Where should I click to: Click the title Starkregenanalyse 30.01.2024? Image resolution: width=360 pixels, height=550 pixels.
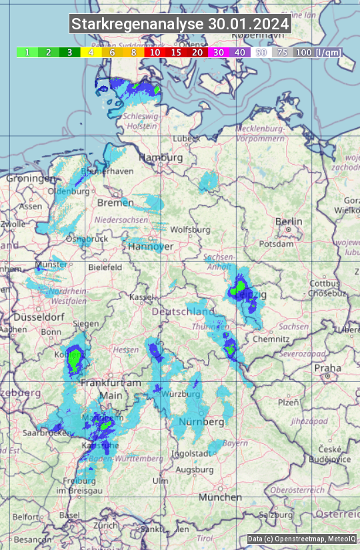click(180, 24)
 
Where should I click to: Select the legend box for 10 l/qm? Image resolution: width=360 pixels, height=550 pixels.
click(155, 52)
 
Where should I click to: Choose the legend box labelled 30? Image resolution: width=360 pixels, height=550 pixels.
click(219, 52)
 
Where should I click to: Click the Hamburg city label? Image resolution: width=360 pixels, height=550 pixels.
click(161, 158)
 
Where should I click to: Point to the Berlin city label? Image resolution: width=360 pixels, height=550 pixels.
click(289, 222)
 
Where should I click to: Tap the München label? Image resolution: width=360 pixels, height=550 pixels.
click(220, 497)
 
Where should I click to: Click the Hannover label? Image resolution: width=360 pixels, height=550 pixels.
click(151, 247)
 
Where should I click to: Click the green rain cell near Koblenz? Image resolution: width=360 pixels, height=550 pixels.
click(75, 359)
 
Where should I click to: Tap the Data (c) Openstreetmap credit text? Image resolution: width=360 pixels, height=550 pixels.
click(301, 539)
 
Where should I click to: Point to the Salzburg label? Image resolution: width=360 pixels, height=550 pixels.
click(276, 515)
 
